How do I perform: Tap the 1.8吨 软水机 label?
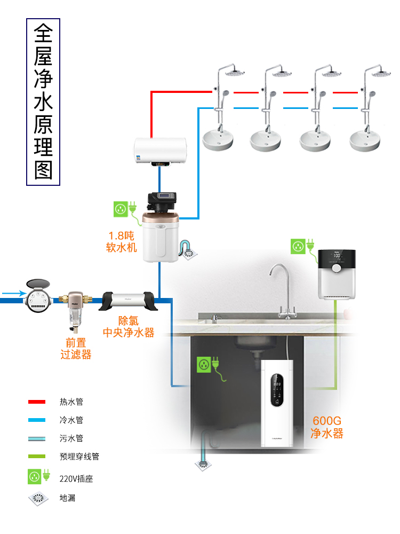pyautogui.click(x=122, y=241)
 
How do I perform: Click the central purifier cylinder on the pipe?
pyautogui.click(x=129, y=301)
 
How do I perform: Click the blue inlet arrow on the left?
pyautogui.click(x=13, y=293)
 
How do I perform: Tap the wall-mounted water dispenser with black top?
pyautogui.click(x=338, y=273)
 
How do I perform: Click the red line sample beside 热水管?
pyautogui.click(x=36, y=402)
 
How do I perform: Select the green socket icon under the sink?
pyautogui.click(x=204, y=365)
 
